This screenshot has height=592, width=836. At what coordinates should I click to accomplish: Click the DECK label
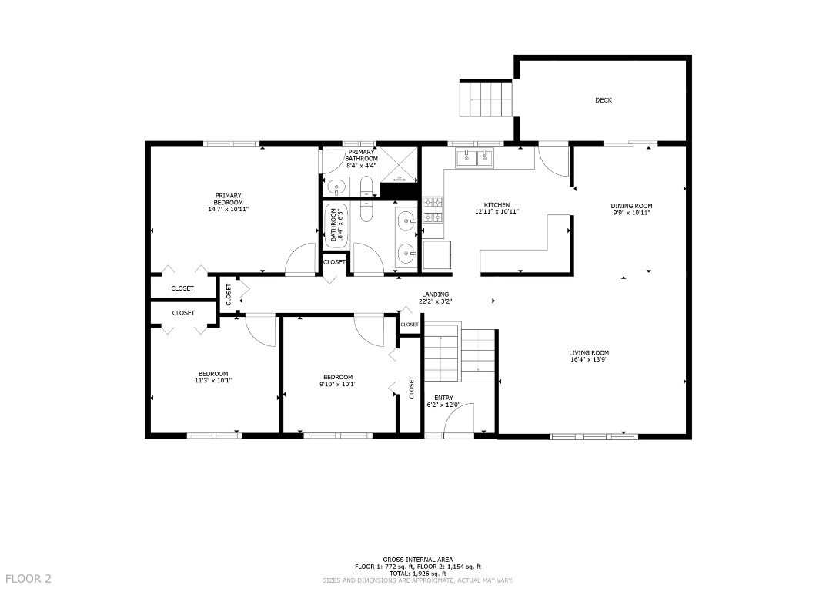[x=604, y=100]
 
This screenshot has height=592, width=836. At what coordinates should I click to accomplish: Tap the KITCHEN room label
[x=497, y=205]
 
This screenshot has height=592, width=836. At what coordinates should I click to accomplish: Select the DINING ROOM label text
[x=631, y=206]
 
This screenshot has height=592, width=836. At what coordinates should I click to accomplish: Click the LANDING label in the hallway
[x=436, y=294]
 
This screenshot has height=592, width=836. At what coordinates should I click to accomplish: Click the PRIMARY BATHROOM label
[x=361, y=155]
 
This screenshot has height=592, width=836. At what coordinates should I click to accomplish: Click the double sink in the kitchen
[x=476, y=159]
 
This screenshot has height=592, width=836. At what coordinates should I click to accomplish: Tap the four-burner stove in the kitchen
[x=433, y=210]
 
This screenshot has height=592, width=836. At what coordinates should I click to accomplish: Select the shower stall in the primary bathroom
[x=400, y=164]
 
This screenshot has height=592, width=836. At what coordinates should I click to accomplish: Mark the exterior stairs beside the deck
[x=487, y=98]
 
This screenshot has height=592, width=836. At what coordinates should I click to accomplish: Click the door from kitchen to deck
[x=552, y=160]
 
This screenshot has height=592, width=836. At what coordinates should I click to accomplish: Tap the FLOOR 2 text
[x=28, y=578]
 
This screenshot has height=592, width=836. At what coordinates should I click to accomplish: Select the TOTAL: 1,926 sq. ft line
[x=417, y=573]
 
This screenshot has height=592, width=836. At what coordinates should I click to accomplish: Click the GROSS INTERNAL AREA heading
[x=417, y=560]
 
